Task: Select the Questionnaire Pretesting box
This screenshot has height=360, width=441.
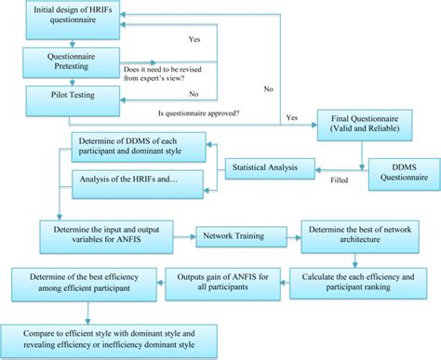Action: tap(64, 61)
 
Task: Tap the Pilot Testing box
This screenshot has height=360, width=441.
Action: tap(64, 94)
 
